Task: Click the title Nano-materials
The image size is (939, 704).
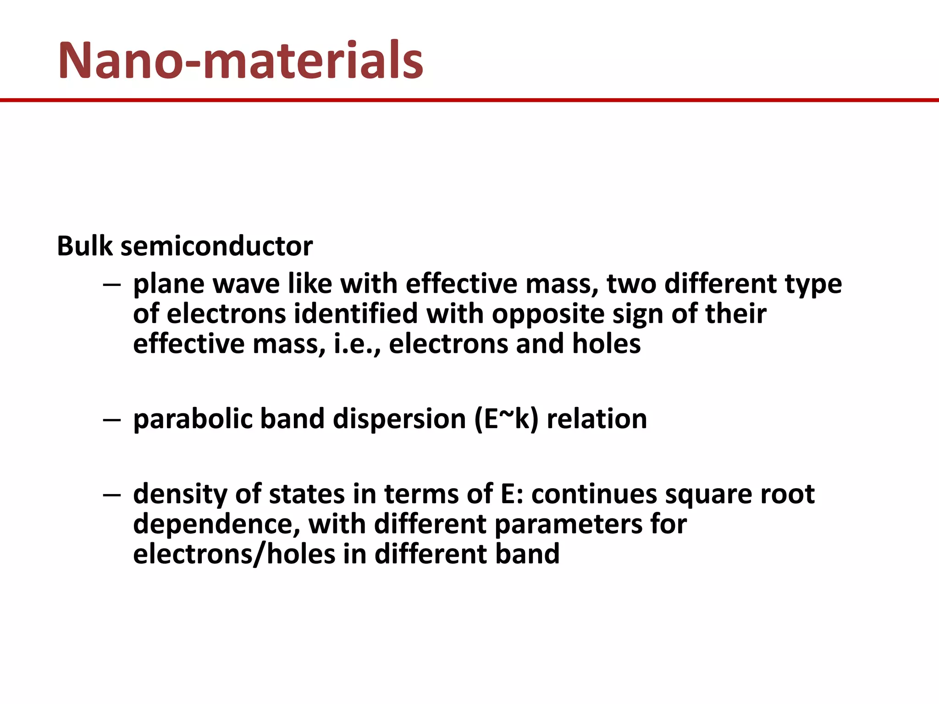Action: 241,61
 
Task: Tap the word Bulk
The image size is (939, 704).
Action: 84,246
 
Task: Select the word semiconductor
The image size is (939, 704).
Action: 216,246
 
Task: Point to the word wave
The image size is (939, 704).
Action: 245,284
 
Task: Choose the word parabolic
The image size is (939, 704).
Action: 193,419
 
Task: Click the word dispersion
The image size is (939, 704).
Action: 399,419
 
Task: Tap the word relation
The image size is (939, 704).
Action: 597,419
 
